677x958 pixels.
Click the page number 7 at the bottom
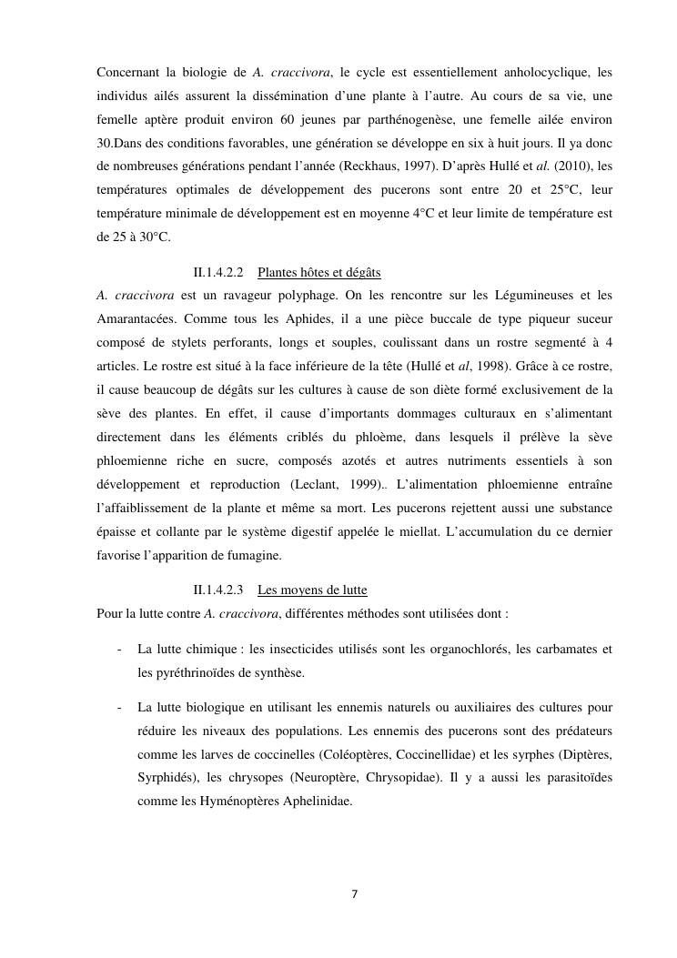[354, 893]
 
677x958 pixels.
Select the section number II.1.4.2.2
[218, 272]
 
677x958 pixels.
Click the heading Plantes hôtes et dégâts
[318, 272]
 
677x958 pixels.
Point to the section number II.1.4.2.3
[218, 590]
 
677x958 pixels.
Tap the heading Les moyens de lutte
[312, 590]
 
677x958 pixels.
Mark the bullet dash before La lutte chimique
[120, 650]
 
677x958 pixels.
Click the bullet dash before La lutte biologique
[120, 707]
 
